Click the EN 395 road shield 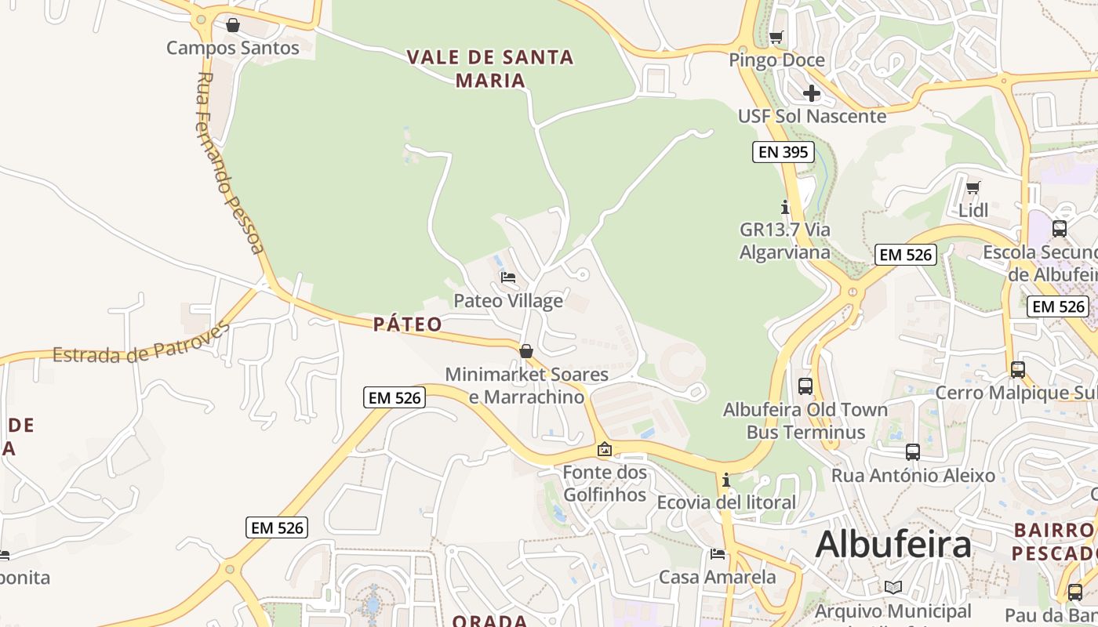click(783, 152)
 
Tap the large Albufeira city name click(893, 544)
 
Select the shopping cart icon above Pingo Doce click(776, 37)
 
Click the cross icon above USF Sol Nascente click(812, 94)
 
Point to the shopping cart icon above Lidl click(973, 187)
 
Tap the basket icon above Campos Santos click(233, 25)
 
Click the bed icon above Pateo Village click(508, 277)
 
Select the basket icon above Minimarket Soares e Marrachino click(526, 351)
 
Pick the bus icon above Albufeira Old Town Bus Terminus click(805, 386)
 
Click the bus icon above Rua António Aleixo click(913, 451)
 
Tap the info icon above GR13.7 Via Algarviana click(785, 207)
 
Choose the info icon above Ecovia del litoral click(726, 479)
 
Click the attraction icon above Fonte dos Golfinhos click(605, 449)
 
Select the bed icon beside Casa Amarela click(718, 554)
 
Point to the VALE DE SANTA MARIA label click(490, 68)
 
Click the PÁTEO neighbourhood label click(408, 324)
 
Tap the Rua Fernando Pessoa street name click(228, 163)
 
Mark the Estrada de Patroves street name click(141, 343)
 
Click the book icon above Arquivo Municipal click(893, 587)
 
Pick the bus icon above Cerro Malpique click(1017, 369)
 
